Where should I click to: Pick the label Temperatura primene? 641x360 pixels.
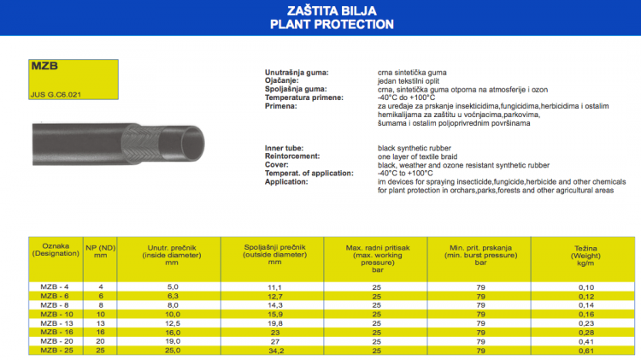pos(304,98)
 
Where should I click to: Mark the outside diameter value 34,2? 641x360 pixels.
pos(275,351)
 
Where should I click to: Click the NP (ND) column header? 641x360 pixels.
pos(101,251)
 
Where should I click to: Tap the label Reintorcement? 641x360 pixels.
pos(292,156)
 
